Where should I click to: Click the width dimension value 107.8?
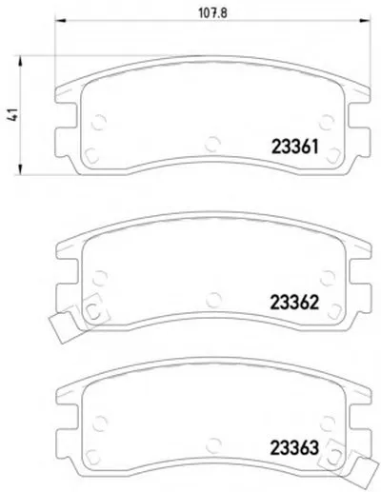click(x=212, y=13)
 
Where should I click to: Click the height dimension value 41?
click(x=12, y=114)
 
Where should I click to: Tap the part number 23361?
click(x=294, y=147)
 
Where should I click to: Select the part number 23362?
click(x=294, y=303)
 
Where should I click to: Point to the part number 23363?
click(x=294, y=448)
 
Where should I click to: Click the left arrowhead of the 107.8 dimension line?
click(x=60, y=21)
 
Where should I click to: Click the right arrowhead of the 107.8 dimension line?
click(x=365, y=21)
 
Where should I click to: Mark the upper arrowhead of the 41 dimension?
click(x=20, y=61)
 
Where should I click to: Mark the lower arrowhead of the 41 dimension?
click(x=20, y=169)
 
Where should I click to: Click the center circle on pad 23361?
click(x=212, y=144)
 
